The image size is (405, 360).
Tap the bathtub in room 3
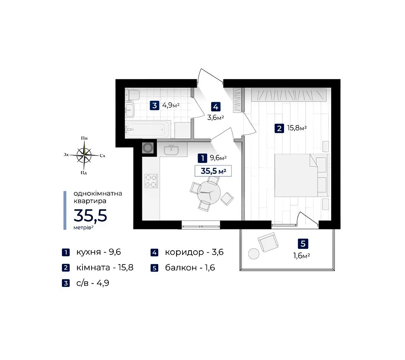147,129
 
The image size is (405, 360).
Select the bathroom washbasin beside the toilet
130,110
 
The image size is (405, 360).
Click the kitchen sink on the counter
171,150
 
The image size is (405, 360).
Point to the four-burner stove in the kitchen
151,181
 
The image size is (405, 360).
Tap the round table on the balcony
254,254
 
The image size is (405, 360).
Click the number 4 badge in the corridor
216,107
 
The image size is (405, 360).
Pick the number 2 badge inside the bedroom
279,128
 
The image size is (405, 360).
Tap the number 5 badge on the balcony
303,243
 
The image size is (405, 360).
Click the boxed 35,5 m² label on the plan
213,171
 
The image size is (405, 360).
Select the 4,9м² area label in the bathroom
171,105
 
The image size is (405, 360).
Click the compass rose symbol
84,155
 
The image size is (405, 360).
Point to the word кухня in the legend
88,252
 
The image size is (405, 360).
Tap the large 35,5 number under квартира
90,216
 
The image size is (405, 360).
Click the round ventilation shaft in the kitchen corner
148,148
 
